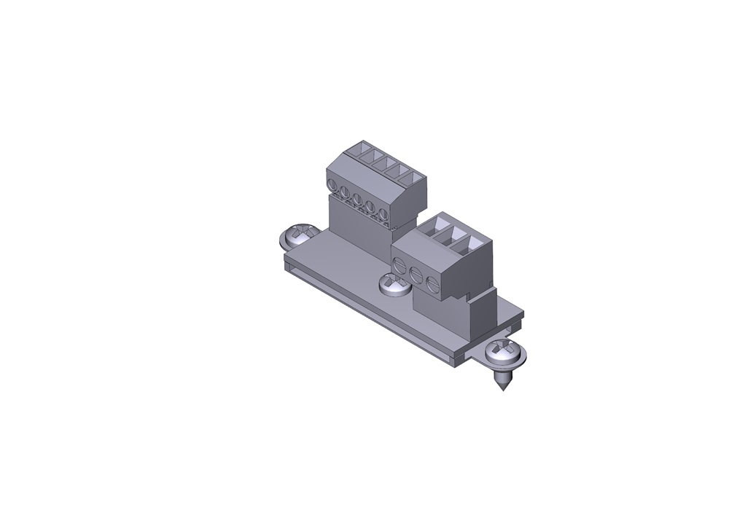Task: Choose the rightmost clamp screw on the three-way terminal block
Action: coord(432,283)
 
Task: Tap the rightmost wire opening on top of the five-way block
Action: coord(411,179)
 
